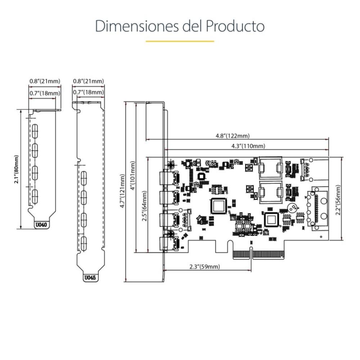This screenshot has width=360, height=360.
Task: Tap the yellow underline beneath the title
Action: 180,41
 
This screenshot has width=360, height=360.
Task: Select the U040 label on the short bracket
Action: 42,225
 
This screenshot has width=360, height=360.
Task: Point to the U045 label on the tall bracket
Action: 90,278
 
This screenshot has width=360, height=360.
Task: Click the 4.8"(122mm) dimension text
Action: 232,136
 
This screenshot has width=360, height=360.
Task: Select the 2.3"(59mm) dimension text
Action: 204,266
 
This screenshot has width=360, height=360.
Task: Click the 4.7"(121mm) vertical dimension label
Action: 123,191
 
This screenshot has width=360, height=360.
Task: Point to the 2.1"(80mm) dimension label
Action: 16,170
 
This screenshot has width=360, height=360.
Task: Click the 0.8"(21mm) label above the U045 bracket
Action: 88,81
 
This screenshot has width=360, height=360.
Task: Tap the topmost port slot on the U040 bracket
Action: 35,130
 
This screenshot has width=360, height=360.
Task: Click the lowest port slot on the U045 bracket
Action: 84,244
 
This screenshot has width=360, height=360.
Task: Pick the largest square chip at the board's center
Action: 218,206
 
